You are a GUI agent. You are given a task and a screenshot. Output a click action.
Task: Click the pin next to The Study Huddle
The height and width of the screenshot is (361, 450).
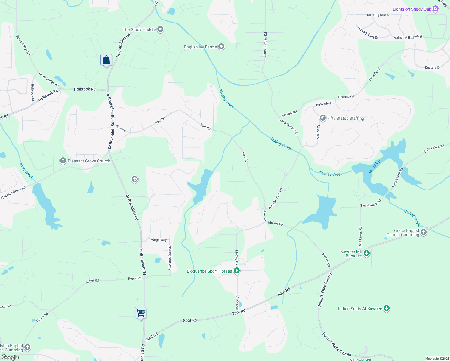point(160,29)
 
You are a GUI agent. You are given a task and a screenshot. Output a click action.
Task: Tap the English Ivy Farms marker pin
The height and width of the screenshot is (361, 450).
point(221,47)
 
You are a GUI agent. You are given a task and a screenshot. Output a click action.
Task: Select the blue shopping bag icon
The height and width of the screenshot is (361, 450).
point(106,60)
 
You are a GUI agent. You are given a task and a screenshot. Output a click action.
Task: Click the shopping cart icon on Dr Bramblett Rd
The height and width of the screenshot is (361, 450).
point(140,313)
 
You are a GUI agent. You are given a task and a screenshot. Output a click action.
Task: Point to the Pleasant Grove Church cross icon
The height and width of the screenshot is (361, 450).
point(63,161)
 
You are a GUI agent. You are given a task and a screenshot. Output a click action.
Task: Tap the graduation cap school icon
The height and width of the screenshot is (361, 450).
point(134,180)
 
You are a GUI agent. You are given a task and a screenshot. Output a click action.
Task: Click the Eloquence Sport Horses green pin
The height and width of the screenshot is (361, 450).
point(237,271)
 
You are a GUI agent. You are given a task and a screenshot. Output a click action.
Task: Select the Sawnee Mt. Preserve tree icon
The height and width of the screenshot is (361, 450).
point(366,253)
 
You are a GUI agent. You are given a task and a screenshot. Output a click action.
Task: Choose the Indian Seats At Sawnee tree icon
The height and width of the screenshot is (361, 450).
point(387,308)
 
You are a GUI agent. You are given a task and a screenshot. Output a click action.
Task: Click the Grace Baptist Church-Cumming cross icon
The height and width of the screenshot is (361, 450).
point(424,232)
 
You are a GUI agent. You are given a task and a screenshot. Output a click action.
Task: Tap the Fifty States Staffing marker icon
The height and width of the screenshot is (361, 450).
point(322,118)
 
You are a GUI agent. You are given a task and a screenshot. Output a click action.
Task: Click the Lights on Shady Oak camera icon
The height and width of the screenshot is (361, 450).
point(435,9)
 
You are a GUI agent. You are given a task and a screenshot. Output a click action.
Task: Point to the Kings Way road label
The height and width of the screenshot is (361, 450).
point(159,240)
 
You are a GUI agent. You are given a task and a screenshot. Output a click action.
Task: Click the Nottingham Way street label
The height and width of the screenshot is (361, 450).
point(170,258)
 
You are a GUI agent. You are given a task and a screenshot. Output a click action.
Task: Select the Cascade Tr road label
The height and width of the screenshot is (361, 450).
point(324,104)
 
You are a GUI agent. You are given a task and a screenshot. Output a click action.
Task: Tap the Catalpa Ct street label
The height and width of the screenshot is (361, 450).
point(319,133)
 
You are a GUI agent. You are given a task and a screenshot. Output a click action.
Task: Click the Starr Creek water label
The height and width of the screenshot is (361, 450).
point(26,171)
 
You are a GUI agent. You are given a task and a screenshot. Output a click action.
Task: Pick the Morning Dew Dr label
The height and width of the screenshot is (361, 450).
point(378,15)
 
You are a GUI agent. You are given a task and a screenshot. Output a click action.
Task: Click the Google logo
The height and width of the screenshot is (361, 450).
point(10,357)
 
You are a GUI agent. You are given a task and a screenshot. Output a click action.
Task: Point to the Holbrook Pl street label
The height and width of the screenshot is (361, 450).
point(32,92)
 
